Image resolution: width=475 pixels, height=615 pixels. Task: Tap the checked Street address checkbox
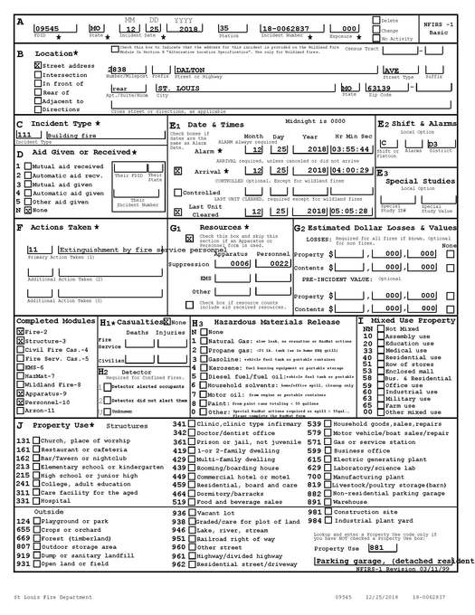(x=38, y=66)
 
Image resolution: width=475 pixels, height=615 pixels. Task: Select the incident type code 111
(x=24, y=134)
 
